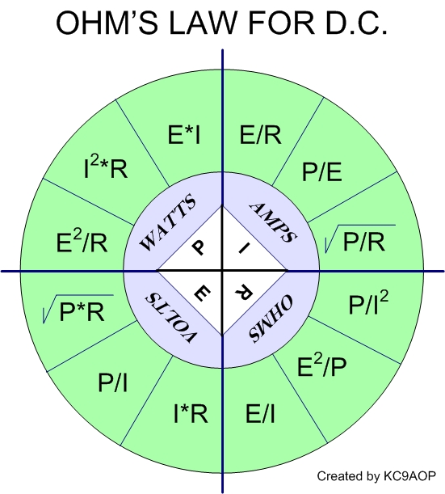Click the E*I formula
(x=184, y=135)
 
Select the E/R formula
(x=260, y=135)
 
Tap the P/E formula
(x=321, y=171)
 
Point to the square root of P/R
(x=360, y=239)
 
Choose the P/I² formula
(x=368, y=302)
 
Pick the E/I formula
(x=260, y=413)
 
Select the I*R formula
(x=191, y=413)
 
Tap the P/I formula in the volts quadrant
(x=113, y=382)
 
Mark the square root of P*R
(x=78, y=310)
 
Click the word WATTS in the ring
(x=168, y=222)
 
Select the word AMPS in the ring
(x=273, y=222)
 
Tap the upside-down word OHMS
(x=271, y=319)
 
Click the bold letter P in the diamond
(x=198, y=247)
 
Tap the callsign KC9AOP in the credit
(x=409, y=475)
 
